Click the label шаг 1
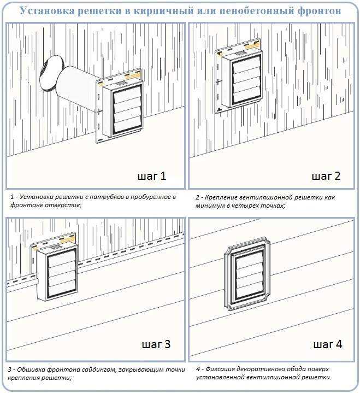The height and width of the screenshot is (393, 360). (151, 176)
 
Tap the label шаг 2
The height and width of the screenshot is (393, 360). (326, 176)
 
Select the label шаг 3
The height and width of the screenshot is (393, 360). (156, 344)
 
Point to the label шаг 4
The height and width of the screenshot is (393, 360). (328, 344)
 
